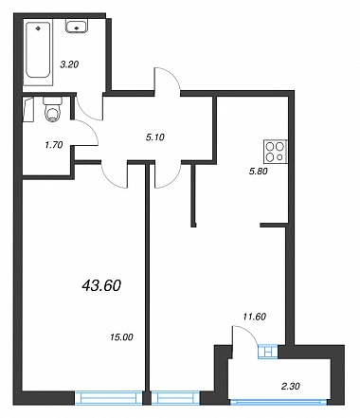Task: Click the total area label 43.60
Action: point(101,286)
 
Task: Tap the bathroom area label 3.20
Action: point(69,64)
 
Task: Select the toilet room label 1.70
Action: point(54,145)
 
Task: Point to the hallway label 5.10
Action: point(155,137)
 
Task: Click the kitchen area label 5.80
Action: point(259,172)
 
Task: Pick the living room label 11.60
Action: point(255,317)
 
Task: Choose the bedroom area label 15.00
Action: point(121,337)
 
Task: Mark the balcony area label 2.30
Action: point(291,386)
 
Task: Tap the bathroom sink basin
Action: point(77,26)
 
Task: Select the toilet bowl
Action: point(52,110)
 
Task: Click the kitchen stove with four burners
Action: point(276,152)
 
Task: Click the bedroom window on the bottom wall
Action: point(108,398)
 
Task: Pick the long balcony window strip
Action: point(279,402)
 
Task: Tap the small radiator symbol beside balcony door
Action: point(268,352)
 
